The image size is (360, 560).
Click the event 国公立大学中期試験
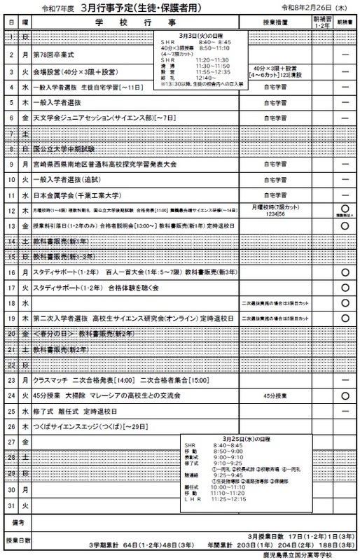click(x=62, y=149)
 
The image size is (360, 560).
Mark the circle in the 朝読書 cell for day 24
click(x=344, y=395)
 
